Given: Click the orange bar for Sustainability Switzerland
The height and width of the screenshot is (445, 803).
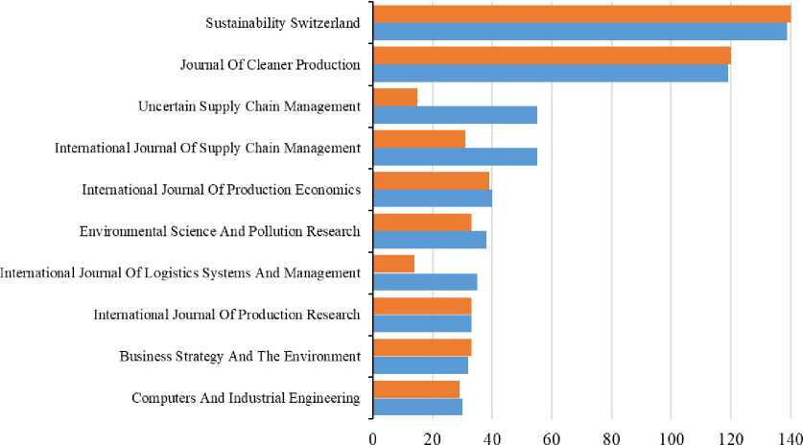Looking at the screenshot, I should [581, 13].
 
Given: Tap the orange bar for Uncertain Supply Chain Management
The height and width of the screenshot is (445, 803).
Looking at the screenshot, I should [394, 97].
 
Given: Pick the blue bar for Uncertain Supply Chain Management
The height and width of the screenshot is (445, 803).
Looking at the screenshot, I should [455, 114].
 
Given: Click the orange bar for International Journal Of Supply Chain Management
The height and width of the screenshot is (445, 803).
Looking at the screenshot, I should [418, 139].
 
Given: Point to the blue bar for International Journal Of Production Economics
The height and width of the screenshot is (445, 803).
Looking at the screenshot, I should [432, 199].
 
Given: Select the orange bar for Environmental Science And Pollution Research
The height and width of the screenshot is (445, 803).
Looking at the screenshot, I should [421, 222].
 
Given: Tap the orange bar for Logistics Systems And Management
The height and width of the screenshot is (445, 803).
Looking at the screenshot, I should [393, 264].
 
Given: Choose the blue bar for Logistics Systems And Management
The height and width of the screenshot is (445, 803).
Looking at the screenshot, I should [424, 282].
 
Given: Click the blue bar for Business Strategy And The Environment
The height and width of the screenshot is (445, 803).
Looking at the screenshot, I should [420, 364].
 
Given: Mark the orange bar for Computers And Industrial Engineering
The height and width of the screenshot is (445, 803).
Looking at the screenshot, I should [415, 388].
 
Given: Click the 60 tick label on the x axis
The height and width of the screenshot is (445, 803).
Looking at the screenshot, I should [552, 435].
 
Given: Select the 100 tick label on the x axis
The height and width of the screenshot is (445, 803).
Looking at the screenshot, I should [671, 435].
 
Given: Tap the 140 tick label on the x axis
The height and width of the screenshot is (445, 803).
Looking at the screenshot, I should [790, 435].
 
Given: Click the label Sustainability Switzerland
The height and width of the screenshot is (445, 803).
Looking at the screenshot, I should [283, 22].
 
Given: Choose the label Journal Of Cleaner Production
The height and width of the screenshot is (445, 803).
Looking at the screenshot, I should [270, 64].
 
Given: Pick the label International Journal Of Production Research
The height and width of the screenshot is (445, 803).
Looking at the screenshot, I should [226, 314].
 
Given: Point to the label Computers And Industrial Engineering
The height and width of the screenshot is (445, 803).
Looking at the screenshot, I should [246, 397].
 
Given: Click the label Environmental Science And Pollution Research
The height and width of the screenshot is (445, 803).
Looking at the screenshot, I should [220, 230].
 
